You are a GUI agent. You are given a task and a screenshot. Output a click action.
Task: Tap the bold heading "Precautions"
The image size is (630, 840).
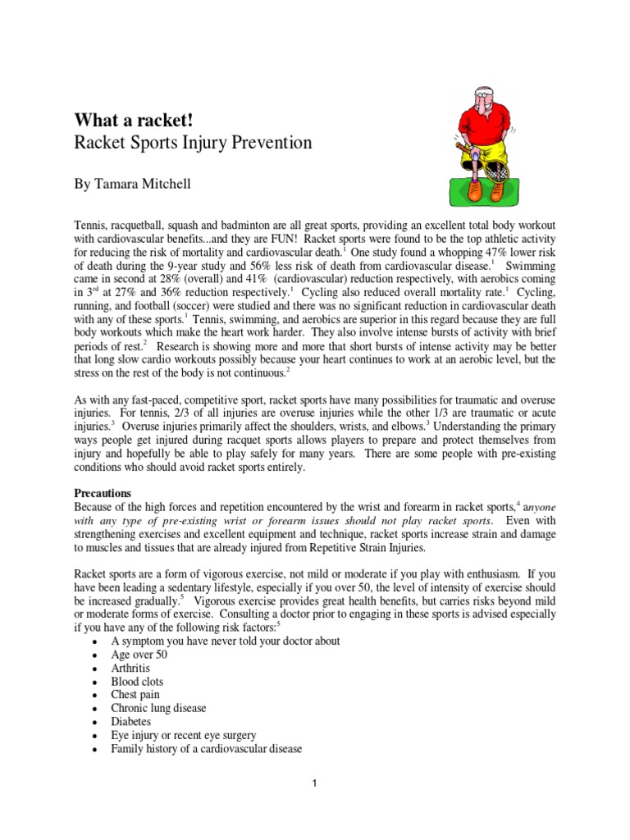[x=103, y=494]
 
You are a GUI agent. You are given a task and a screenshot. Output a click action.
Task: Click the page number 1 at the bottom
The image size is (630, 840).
[x=314, y=783]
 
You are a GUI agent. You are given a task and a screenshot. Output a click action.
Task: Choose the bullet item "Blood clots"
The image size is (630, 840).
[x=137, y=682]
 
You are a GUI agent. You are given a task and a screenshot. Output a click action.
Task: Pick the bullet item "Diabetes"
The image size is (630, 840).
[x=131, y=722]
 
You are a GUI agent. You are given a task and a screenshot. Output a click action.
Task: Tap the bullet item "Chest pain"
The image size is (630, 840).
[x=135, y=695]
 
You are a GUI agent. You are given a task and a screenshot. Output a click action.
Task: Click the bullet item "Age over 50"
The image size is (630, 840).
[x=139, y=655]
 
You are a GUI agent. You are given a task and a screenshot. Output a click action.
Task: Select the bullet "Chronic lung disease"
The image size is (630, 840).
[x=158, y=708]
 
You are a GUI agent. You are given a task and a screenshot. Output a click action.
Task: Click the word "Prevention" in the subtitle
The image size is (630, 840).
[x=267, y=143]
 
